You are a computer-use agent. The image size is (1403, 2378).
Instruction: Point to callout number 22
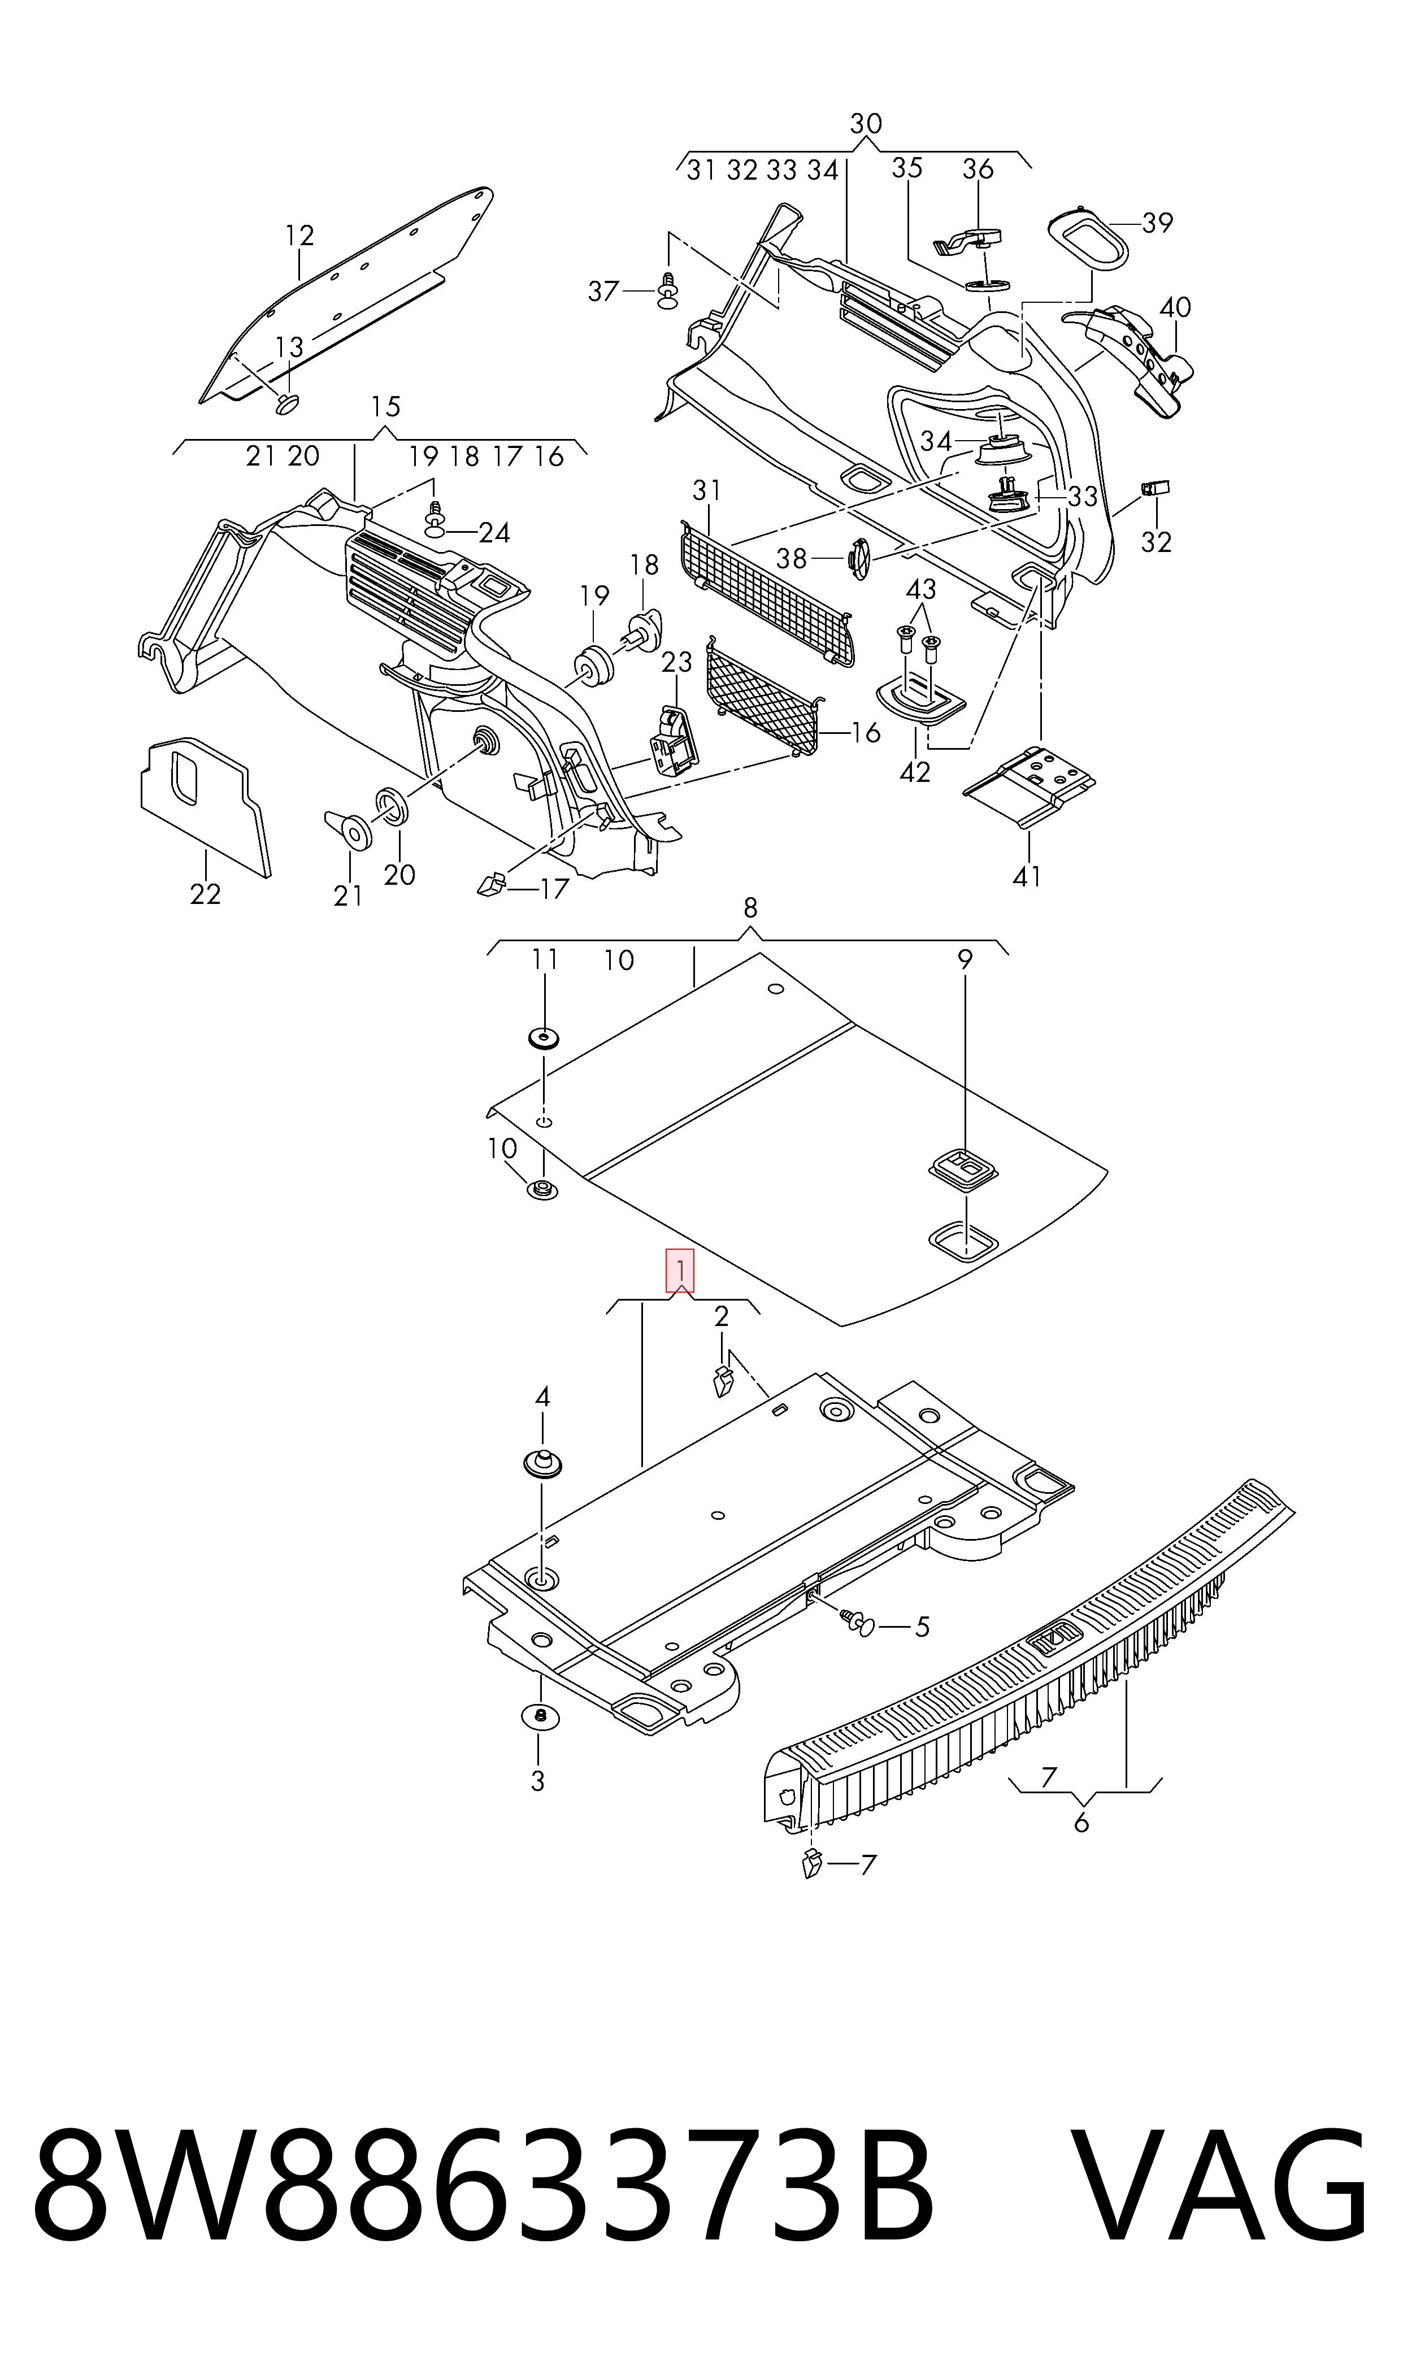(x=205, y=893)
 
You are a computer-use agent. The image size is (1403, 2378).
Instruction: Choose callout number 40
(x=1175, y=307)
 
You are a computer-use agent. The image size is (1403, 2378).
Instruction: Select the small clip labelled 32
(x=1156, y=488)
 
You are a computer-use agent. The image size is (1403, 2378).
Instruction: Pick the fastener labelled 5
(x=858, y=1622)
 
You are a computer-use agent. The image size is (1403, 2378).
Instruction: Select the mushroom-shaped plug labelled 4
(x=542, y=1462)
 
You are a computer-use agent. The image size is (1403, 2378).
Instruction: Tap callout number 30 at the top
(x=866, y=124)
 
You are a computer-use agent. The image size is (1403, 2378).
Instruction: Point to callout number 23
(x=677, y=662)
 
